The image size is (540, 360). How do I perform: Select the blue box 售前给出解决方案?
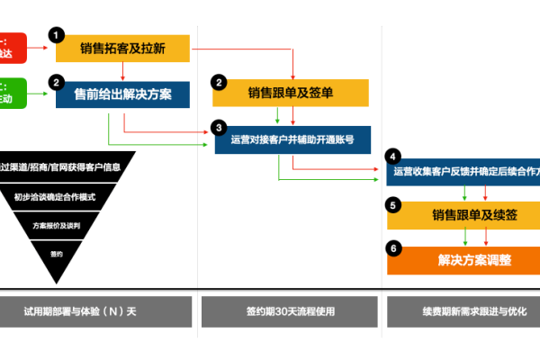coord(124,94)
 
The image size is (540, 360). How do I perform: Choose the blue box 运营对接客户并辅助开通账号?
coord(292,139)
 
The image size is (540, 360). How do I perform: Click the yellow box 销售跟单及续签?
coord(462,215)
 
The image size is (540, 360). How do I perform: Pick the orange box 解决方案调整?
coord(462,260)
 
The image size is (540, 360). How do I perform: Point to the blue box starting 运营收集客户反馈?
coord(462,170)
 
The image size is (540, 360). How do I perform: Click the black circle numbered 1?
coord(58,35)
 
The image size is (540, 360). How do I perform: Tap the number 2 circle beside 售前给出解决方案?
coord(56,82)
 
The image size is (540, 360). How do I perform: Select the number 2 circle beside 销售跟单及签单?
coord(218,82)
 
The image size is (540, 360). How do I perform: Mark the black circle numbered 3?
coord(218,127)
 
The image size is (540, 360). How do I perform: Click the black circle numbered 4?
coord(392,156)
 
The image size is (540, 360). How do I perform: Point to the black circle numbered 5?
coord(392,205)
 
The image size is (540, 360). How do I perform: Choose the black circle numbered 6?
coord(392,247)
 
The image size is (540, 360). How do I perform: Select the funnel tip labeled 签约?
coord(57,254)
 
